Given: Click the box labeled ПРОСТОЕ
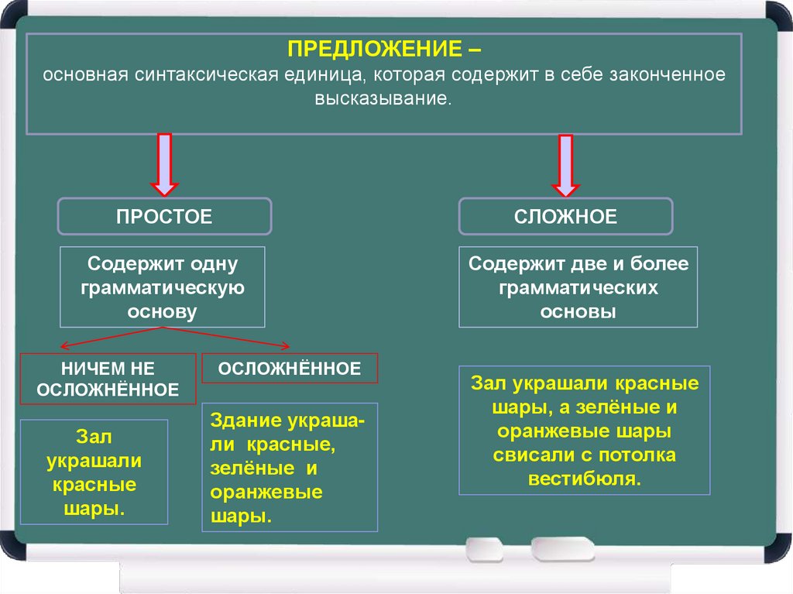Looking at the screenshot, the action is click(164, 216).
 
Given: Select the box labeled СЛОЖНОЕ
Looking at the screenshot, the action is click(566, 216).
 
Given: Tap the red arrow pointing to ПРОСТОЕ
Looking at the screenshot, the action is click(164, 164).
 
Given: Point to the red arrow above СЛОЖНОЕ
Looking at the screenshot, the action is click(566, 164).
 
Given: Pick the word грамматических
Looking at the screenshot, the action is click(578, 287).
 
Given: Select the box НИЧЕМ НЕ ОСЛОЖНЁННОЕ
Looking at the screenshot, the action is click(108, 379).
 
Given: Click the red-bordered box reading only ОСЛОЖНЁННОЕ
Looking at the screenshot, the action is click(290, 369).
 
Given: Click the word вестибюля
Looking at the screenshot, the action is click(585, 476).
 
